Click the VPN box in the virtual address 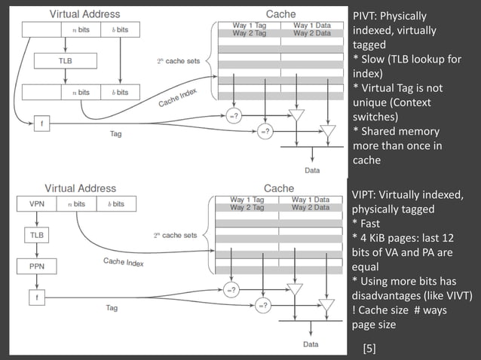click(36, 204)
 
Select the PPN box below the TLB click(36, 266)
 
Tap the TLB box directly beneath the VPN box click(36, 235)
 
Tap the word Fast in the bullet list click(373, 224)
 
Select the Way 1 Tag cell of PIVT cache click(249, 26)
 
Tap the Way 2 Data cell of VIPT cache click(311, 207)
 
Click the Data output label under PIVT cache click(311, 170)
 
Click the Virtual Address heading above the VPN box click(81, 188)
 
